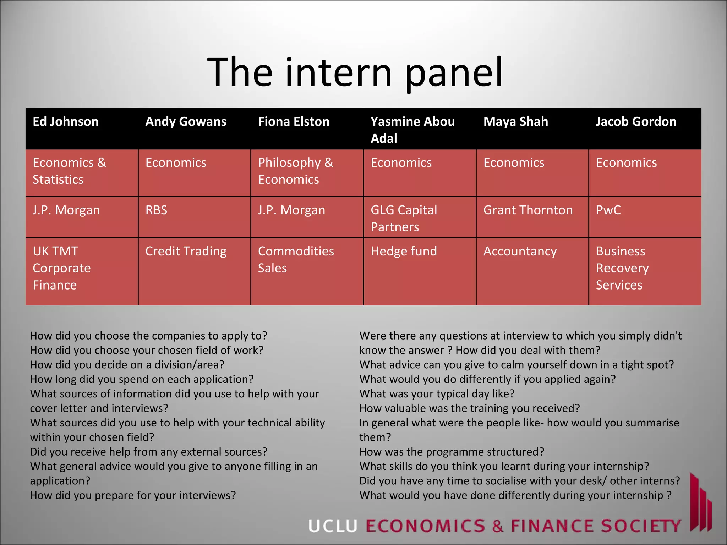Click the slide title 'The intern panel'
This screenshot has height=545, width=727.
point(355,73)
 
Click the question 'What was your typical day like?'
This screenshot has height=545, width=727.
point(437,394)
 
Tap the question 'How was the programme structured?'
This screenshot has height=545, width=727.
point(452,452)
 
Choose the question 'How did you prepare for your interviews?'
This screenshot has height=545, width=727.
point(133,495)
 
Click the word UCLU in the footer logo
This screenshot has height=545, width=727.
point(333,526)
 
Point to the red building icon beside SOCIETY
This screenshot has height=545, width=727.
point(700,504)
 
